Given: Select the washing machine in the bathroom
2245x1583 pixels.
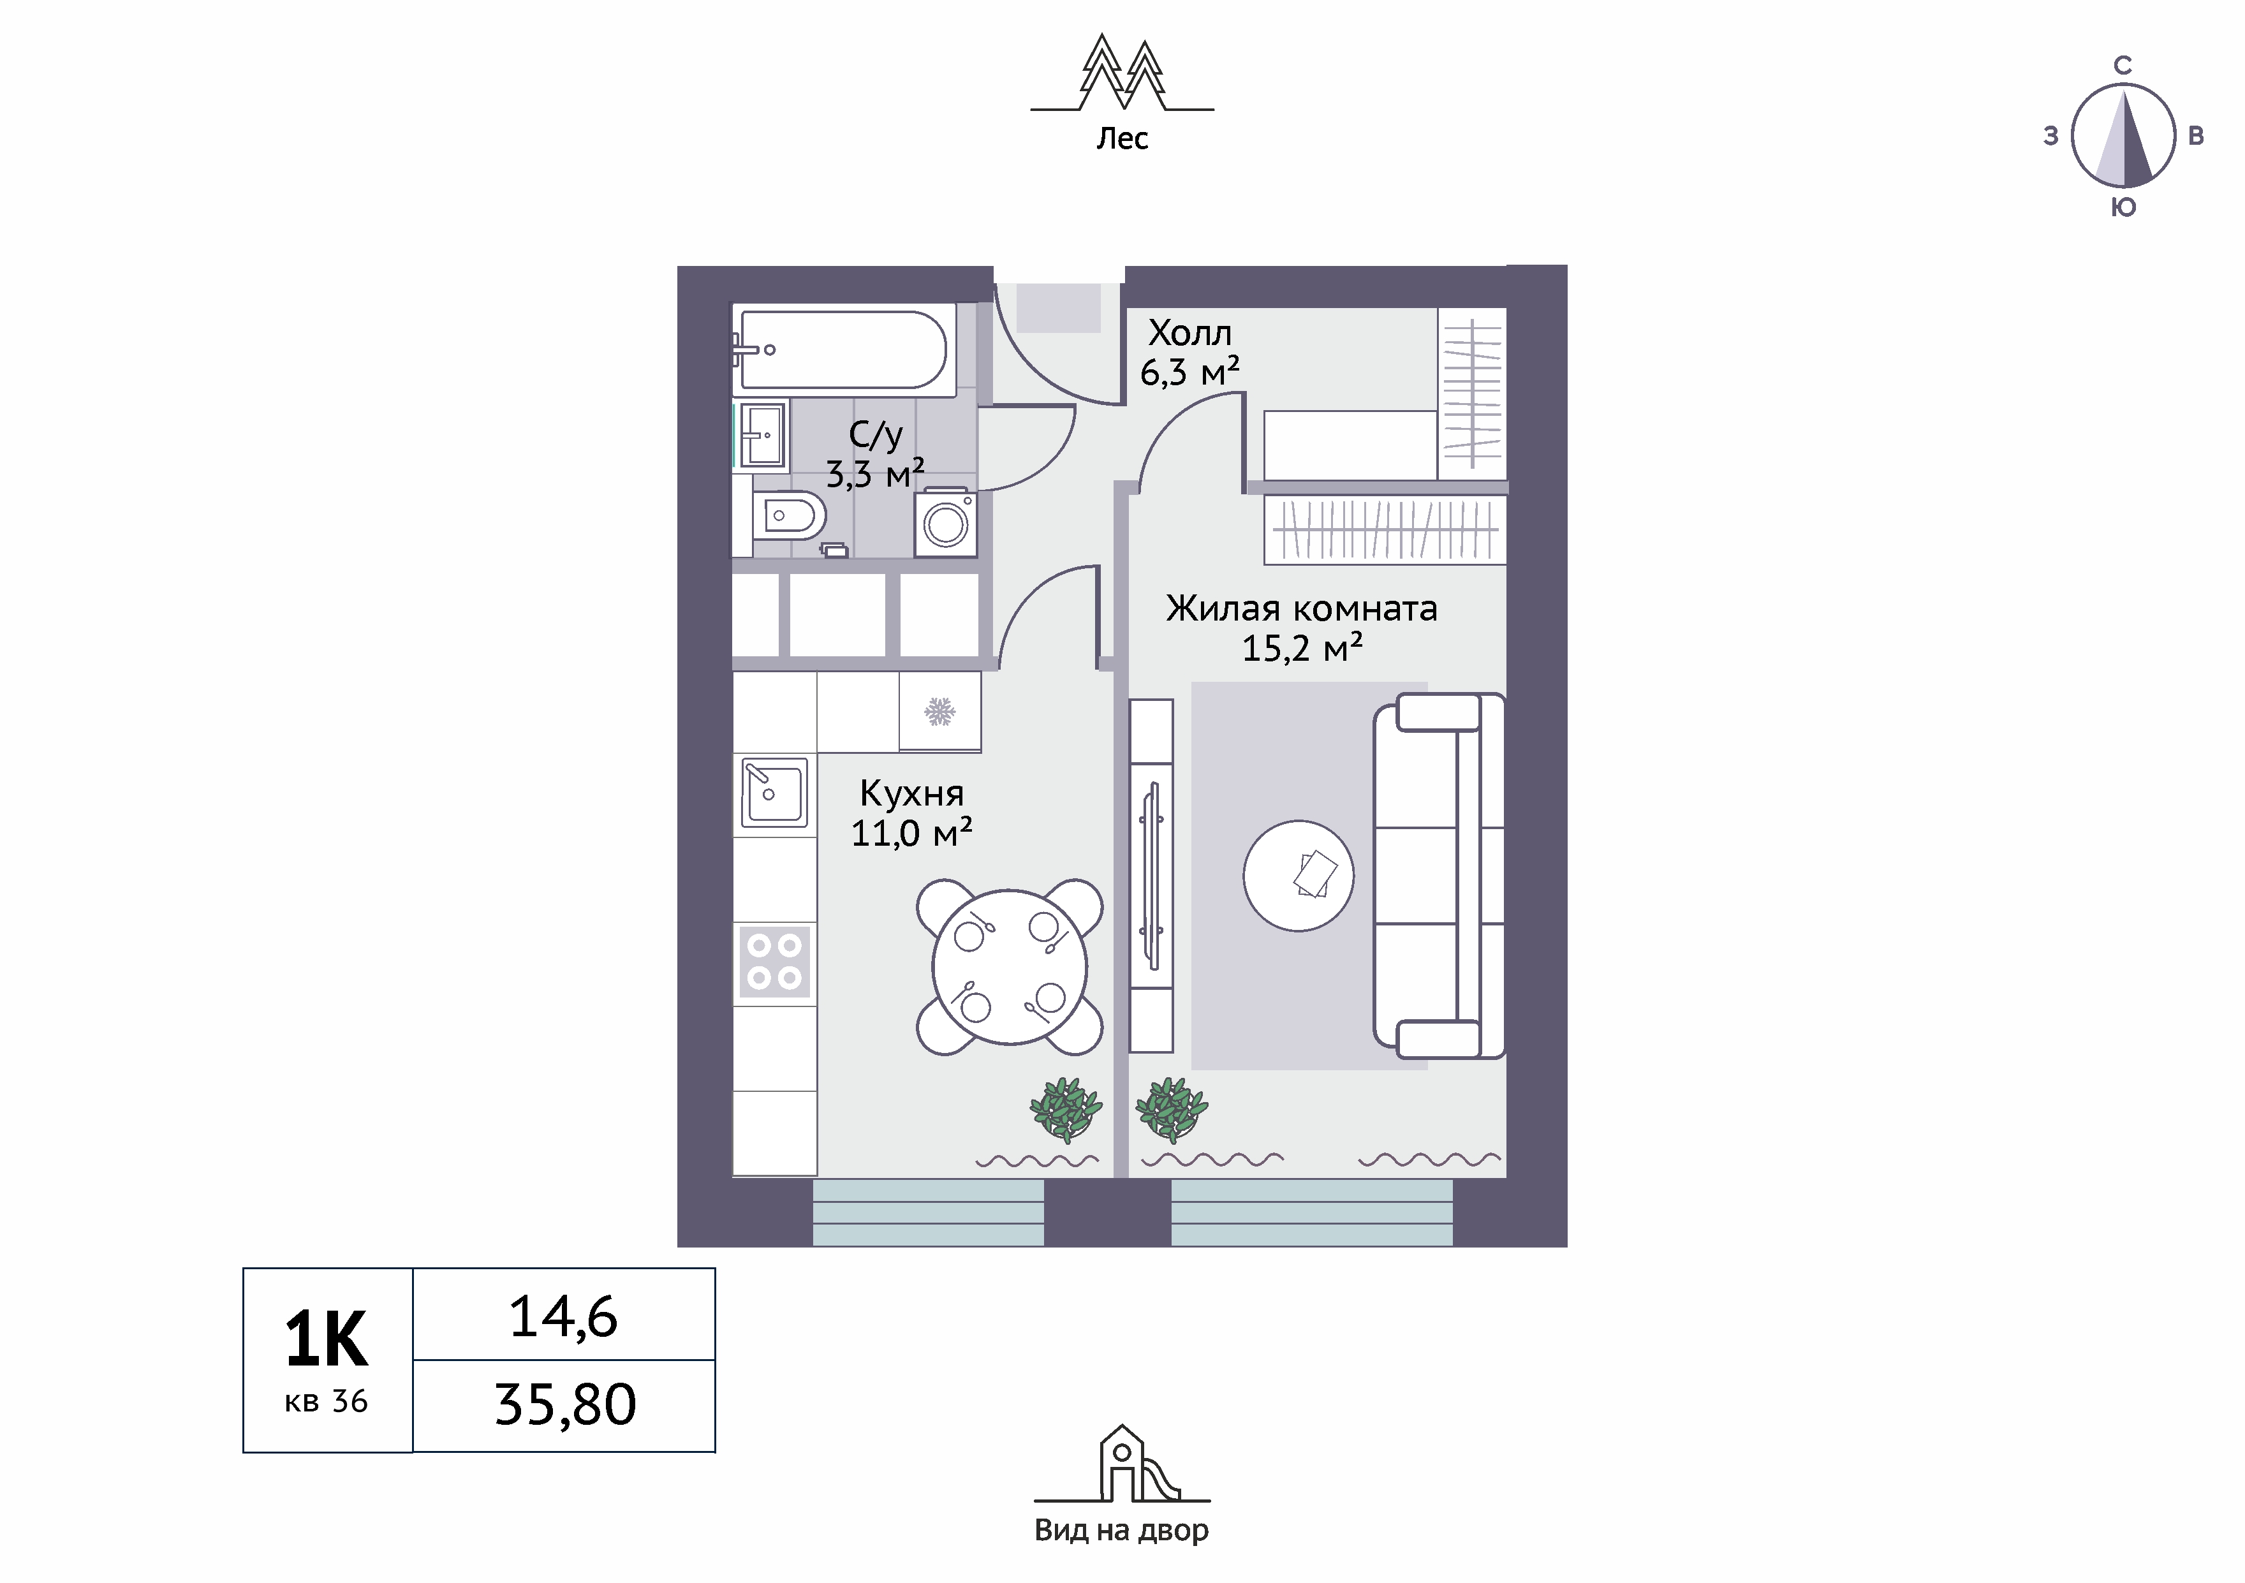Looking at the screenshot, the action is pyautogui.click(x=946, y=523).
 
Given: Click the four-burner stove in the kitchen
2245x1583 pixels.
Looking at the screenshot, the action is pyautogui.click(x=774, y=961).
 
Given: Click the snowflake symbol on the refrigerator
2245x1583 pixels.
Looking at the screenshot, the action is pyautogui.click(x=939, y=712).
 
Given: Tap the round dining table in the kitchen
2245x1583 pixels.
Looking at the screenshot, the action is pyautogui.click(x=1010, y=967).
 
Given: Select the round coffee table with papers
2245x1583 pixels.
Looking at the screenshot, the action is pyautogui.click(x=1299, y=875).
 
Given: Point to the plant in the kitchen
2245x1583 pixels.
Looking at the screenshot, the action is pyautogui.click(x=1066, y=1108).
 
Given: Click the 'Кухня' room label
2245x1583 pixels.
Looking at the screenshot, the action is pyautogui.click(x=911, y=793).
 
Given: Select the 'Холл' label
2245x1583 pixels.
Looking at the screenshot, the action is pyautogui.click(x=1190, y=334).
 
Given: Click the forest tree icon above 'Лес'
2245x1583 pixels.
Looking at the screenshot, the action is pyautogui.click(x=1122, y=72).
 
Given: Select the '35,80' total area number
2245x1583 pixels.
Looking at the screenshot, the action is pyautogui.click(x=565, y=1405).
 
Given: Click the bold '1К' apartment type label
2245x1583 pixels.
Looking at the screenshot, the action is pyautogui.click(x=327, y=1339).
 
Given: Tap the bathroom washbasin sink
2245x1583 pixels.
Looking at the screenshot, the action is pyautogui.click(x=763, y=435).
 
